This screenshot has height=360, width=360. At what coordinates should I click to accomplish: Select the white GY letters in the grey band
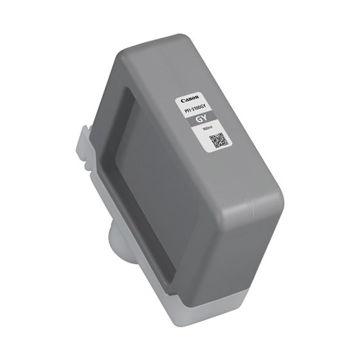click(202, 121)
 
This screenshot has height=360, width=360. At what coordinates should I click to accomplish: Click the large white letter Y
click(205, 122)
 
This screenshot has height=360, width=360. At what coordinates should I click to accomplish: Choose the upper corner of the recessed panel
click(129, 90)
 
